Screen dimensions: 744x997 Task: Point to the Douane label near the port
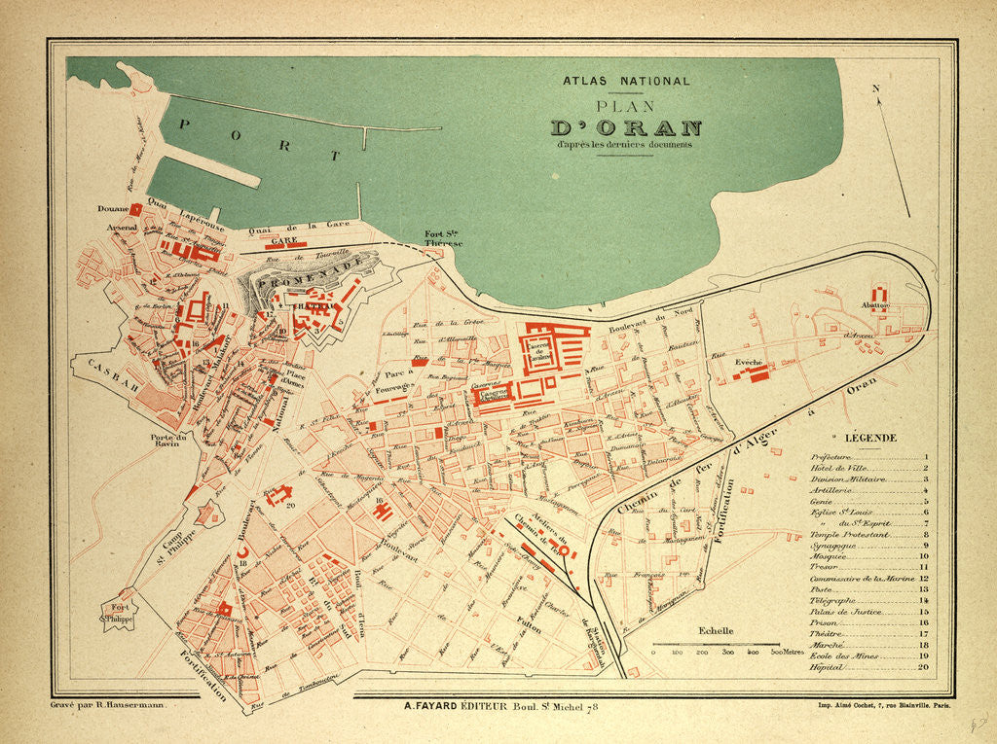(x=112, y=208)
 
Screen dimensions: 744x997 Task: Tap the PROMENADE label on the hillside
(x=301, y=273)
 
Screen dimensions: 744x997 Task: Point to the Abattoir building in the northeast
(x=878, y=296)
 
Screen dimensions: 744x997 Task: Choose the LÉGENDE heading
(x=869, y=439)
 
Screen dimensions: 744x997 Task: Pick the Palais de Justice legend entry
(x=845, y=612)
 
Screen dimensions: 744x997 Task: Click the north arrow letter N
(x=875, y=89)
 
